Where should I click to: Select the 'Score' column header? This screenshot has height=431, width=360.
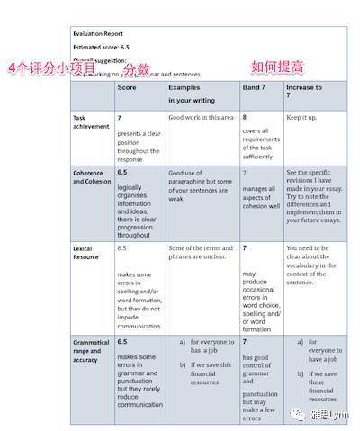pyautogui.click(x=128, y=89)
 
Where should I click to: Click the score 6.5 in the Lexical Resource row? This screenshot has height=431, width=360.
pyautogui.click(x=122, y=247)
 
